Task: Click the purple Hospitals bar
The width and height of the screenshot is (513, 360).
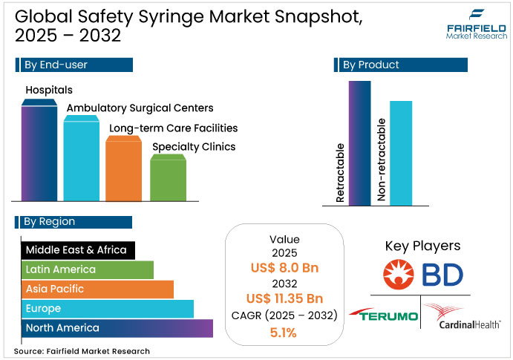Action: coord(39,152)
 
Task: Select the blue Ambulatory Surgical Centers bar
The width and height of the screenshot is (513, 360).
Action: coord(81,160)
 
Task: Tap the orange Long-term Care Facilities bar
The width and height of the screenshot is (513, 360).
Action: coord(123,170)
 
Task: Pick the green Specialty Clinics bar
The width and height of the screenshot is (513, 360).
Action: coord(168,178)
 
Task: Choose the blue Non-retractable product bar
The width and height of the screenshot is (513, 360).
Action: coord(401,152)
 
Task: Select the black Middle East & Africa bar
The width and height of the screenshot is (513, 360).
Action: coord(78,250)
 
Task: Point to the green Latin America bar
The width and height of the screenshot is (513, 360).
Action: coord(87,269)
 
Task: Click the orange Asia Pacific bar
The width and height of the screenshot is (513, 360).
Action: coord(97,289)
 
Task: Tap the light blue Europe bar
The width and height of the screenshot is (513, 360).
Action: coord(108,308)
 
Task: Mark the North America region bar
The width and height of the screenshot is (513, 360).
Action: coord(117,327)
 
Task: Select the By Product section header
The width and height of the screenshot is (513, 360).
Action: coord(401,65)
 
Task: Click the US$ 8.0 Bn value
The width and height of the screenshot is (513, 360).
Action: coord(284,267)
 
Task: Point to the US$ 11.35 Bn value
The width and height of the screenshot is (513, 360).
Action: coord(284,299)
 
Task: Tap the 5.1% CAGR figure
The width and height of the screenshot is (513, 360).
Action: coord(284,333)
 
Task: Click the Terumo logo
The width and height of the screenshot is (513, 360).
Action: coord(384,316)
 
